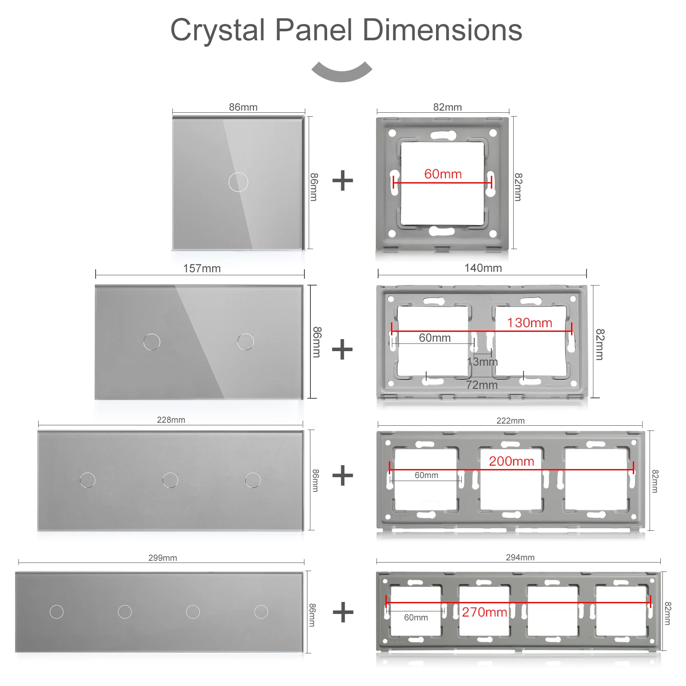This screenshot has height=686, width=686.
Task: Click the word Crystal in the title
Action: (218, 31)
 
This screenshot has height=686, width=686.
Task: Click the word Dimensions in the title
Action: (442, 30)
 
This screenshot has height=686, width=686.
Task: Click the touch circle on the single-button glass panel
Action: (238, 182)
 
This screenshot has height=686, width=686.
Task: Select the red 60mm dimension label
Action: (443, 174)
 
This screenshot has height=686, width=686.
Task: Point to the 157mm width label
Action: (202, 268)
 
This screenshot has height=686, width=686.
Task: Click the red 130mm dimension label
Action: (530, 323)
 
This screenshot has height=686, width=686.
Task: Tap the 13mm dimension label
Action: (482, 362)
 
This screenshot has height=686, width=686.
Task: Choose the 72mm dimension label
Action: (482, 385)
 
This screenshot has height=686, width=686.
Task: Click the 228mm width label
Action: (171, 420)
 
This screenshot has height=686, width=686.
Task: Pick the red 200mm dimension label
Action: (511, 461)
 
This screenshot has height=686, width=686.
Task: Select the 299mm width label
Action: (162, 558)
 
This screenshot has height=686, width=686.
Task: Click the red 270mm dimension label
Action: (484, 612)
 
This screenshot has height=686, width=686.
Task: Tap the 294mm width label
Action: (520, 557)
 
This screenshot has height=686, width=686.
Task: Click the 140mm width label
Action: (483, 268)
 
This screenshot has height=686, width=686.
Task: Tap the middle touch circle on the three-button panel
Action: (170, 480)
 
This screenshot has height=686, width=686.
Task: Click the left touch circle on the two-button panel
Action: (152, 342)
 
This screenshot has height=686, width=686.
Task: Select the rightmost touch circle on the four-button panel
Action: (261, 612)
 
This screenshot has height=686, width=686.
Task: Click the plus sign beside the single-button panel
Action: (343, 181)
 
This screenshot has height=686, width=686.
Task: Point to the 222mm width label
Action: (511, 421)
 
